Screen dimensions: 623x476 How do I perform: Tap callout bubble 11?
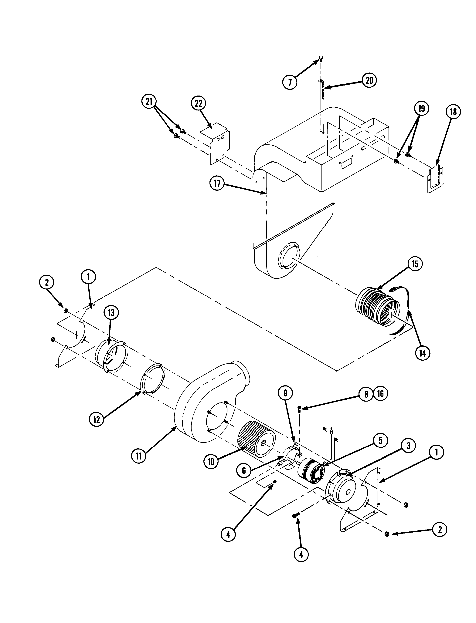click(139, 457)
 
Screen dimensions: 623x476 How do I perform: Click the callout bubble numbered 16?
click(380, 394)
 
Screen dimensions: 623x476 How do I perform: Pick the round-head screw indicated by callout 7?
click(321, 58)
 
